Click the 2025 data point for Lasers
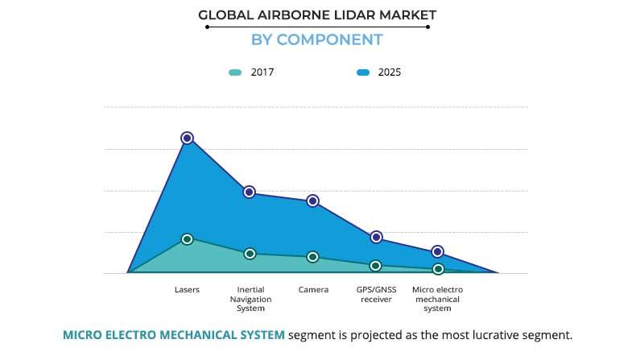point(187,138)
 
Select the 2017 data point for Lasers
point(187,239)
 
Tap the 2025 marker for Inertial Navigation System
point(250,192)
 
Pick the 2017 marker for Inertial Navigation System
point(250,254)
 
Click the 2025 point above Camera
point(312,201)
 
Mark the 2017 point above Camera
point(312,257)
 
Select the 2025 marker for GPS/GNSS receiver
point(375,237)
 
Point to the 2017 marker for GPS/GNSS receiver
point(375,266)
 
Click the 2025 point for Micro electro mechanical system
point(437,251)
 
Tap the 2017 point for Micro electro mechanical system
point(437,269)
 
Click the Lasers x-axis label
point(187,289)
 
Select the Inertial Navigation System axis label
point(250,299)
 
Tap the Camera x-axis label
point(313,289)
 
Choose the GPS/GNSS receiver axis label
point(374,294)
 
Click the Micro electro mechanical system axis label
point(437,299)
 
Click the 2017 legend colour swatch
point(235,72)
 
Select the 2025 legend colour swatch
point(362,72)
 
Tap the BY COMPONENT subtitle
point(316,39)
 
